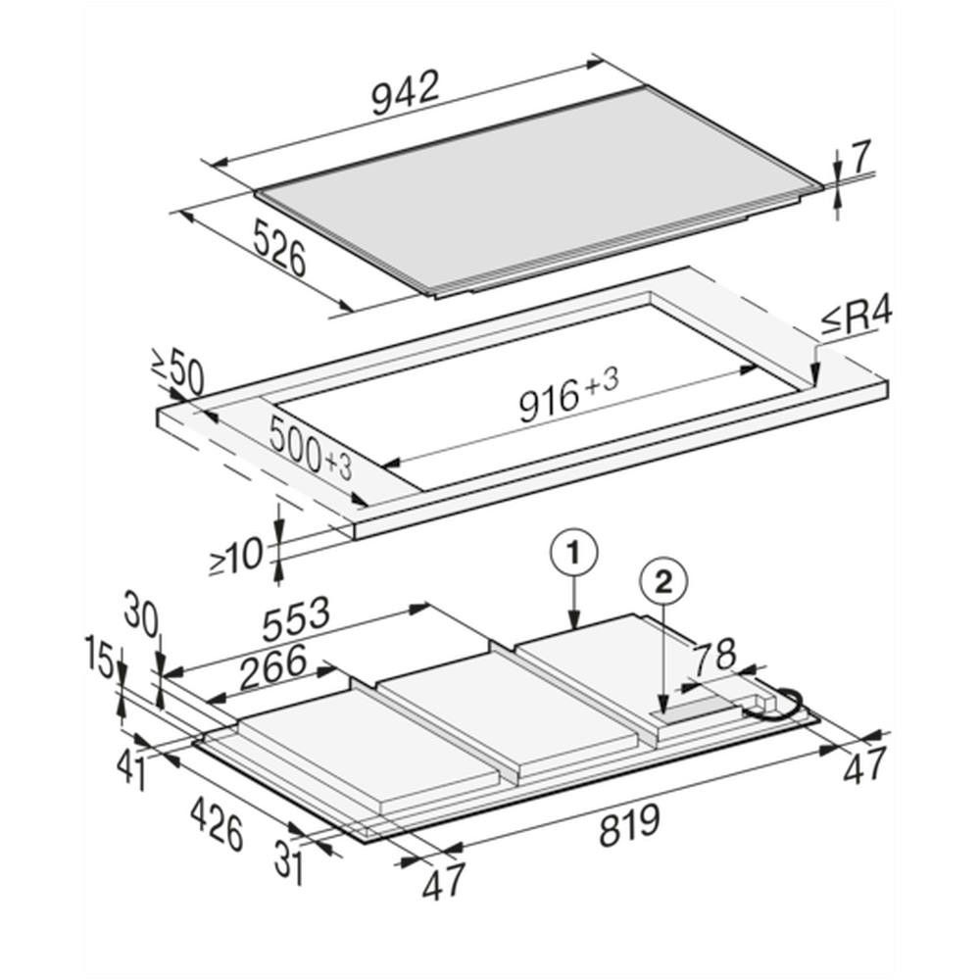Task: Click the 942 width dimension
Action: tap(406, 92)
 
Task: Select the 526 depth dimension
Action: tap(279, 249)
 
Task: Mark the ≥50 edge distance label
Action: tap(177, 371)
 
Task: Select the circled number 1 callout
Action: tap(573, 553)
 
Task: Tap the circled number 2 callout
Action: tap(663, 583)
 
